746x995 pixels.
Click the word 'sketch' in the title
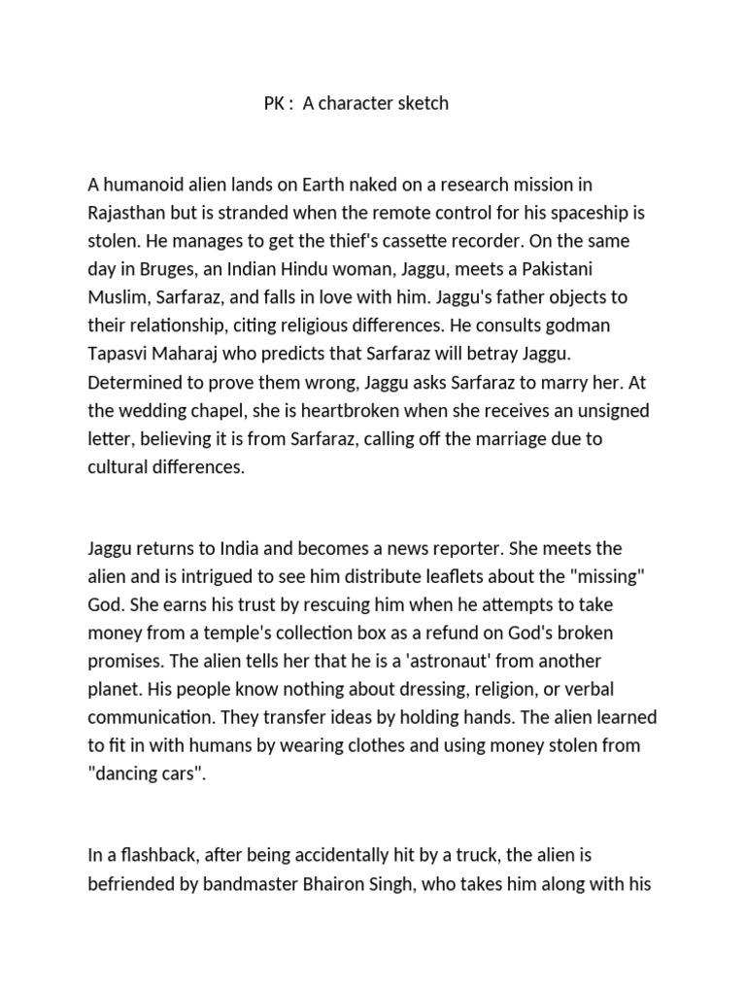click(420, 103)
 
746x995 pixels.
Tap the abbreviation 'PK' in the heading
click(275, 103)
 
